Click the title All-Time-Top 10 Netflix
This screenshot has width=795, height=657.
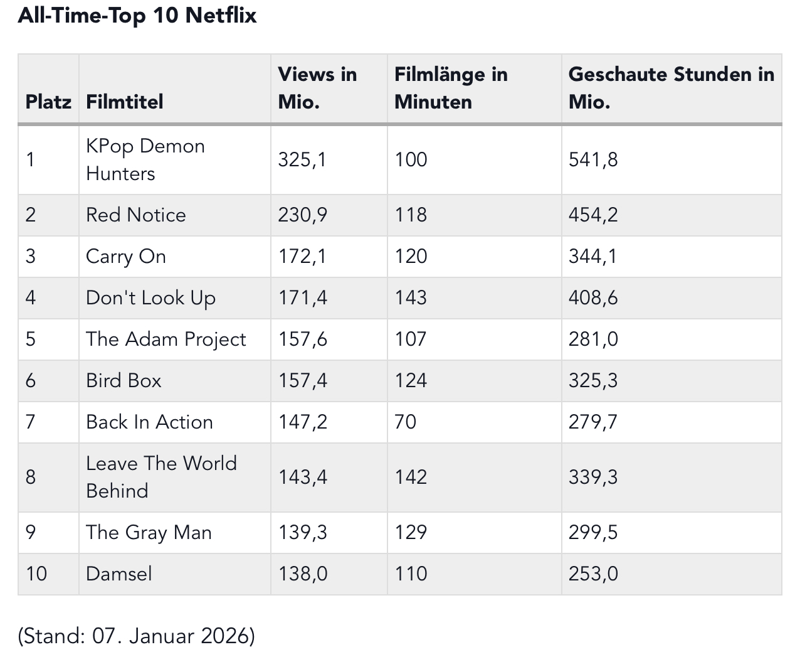137,15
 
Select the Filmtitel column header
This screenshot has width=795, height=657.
125,102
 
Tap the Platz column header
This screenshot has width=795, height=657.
48,102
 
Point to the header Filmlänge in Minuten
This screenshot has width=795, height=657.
451,88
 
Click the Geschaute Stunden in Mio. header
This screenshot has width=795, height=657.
671,88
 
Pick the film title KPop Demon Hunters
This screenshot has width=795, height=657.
145,159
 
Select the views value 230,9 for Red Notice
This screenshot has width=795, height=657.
303,215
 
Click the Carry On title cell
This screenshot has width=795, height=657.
126,257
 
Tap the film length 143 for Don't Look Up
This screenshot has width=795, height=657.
411,298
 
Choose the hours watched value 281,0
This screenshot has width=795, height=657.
593,339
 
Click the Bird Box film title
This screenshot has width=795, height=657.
124,381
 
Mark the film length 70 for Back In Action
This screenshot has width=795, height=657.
405,422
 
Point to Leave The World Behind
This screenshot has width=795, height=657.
161,477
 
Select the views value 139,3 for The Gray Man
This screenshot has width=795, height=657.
303,533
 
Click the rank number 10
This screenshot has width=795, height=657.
36,574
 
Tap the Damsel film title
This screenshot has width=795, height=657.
119,574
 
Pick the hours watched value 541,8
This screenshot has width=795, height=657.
593,159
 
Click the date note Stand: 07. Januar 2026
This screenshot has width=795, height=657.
137,636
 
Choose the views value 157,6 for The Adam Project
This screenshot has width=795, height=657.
303,339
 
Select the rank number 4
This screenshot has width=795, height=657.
31,298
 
